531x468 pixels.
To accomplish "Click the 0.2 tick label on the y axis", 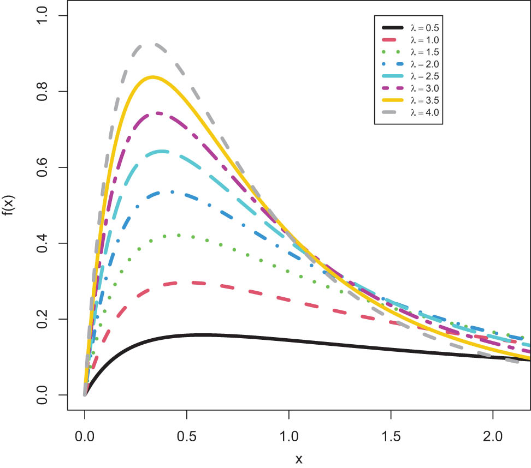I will click(x=40, y=319).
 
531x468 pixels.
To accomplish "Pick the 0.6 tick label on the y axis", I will click(x=40, y=167).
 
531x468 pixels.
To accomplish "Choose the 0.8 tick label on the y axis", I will click(x=40, y=92).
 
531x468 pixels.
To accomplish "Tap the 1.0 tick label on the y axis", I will click(x=40, y=16).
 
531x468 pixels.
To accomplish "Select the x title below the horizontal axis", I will click(x=299, y=458).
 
